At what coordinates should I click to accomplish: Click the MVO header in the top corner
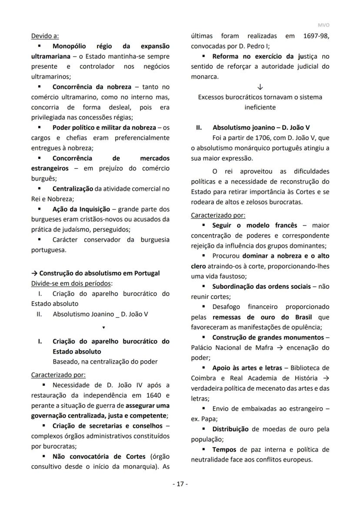click(324, 25)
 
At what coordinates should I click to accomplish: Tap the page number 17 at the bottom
click(180, 484)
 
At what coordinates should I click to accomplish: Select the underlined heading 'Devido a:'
click(45, 36)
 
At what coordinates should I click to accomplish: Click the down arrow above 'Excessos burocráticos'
click(260, 87)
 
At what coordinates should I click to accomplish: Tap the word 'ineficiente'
click(260, 107)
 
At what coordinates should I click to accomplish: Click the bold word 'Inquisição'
click(92, 209)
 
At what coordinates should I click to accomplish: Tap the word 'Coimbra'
click(204, 378)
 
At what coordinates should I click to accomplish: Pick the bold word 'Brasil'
click(307, 318)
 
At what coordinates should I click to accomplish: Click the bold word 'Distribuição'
click(230, 429)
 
